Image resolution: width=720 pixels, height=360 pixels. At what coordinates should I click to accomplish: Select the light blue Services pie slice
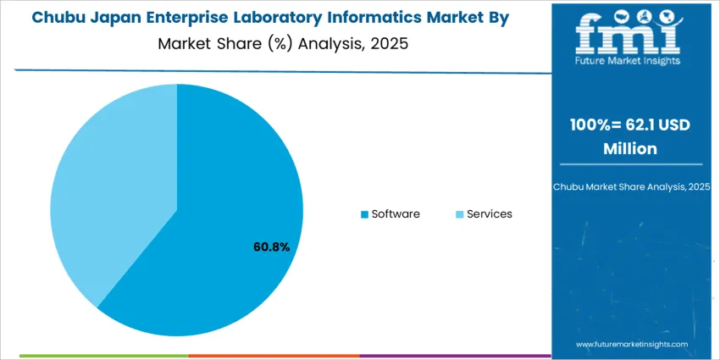[x=110, y=186]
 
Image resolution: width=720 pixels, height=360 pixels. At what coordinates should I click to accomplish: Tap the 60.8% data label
[x=271, y=247]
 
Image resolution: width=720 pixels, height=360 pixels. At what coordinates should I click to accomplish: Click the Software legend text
[x=396, y=214]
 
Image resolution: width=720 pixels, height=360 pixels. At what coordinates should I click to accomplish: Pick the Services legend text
[x=490, y=214]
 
